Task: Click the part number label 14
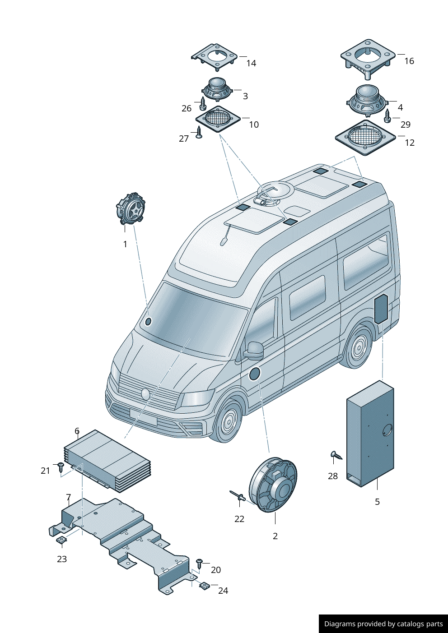coord(251,64)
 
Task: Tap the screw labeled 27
coord(198,132)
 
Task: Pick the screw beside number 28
coord(336,456)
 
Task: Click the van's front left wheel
coord(228,421)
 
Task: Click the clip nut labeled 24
coord(204,586)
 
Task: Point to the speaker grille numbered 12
coord(365,137)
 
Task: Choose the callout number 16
coord(409,61)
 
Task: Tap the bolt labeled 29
coord(387,116)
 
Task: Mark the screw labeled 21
coord(61,467)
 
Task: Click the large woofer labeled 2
coord(273,485)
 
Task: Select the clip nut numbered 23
coord(61,540)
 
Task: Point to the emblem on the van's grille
coord(145,394)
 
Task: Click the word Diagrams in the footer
coord(339,624)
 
